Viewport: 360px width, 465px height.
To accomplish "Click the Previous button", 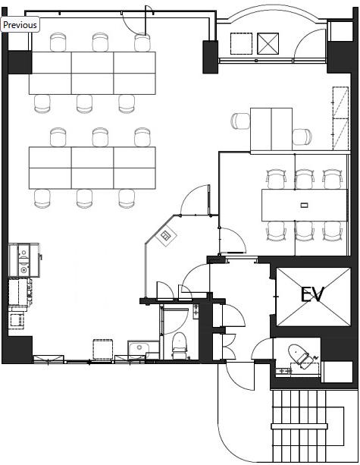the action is tap(20, 24).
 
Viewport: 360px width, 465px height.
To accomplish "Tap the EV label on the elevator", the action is tap(312, 294).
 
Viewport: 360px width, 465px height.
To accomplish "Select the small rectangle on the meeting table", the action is tap(305, 205).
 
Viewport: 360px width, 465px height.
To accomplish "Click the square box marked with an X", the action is tap(268, 43).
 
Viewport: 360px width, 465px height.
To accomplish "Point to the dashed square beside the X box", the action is tap(241, 43).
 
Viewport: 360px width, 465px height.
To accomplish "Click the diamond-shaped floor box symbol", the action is tap(166, 236).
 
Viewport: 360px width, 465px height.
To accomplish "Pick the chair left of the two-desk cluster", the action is tap(240, 121).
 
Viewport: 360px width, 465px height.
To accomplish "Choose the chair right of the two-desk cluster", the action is tap(302, 137).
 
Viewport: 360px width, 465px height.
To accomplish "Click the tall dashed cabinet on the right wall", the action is tap(340, 118).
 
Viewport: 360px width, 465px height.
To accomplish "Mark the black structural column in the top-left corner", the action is tap(20, 62).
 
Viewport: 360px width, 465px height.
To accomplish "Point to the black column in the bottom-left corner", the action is tap(17, 350).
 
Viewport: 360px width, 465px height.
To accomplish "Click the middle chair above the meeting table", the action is tap(305, 179).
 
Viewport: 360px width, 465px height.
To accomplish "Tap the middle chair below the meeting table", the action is tap(305, 231).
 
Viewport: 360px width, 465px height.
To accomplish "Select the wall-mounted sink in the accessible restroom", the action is tap(283, 371).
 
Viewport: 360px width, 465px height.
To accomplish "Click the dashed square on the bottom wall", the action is tap(103, 350).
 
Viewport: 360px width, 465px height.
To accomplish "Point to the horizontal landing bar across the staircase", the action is tap(299, 426).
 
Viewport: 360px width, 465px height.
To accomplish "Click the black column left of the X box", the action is tap(211, 57).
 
